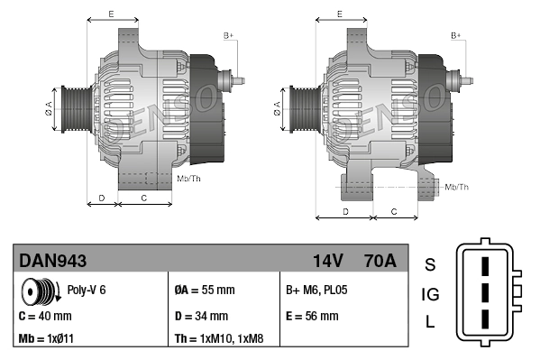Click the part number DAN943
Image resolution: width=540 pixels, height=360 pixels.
click(53, 261)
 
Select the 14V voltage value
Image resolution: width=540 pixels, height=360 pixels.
click(328, 261)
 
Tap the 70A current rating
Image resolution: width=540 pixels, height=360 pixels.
click(379, 261)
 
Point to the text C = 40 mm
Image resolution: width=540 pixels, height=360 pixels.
click(45, 317)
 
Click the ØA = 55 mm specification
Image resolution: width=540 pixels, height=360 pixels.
click(204, 291)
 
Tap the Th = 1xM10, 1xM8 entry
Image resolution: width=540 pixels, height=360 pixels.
click(220, 340)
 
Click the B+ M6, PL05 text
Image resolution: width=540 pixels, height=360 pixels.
click(316, 291)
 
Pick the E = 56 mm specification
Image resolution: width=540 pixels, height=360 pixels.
click(312, 317)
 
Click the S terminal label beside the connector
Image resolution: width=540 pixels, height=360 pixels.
click(430, 265)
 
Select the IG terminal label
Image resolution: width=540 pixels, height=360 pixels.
click(430, 294)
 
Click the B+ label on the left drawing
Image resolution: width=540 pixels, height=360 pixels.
click(229, 35)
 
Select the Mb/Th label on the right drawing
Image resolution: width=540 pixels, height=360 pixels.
click(457, 187)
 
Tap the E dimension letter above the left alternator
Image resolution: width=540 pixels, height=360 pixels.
click(111, 14)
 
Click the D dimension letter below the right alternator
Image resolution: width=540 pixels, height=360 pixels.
click(345, 211)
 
